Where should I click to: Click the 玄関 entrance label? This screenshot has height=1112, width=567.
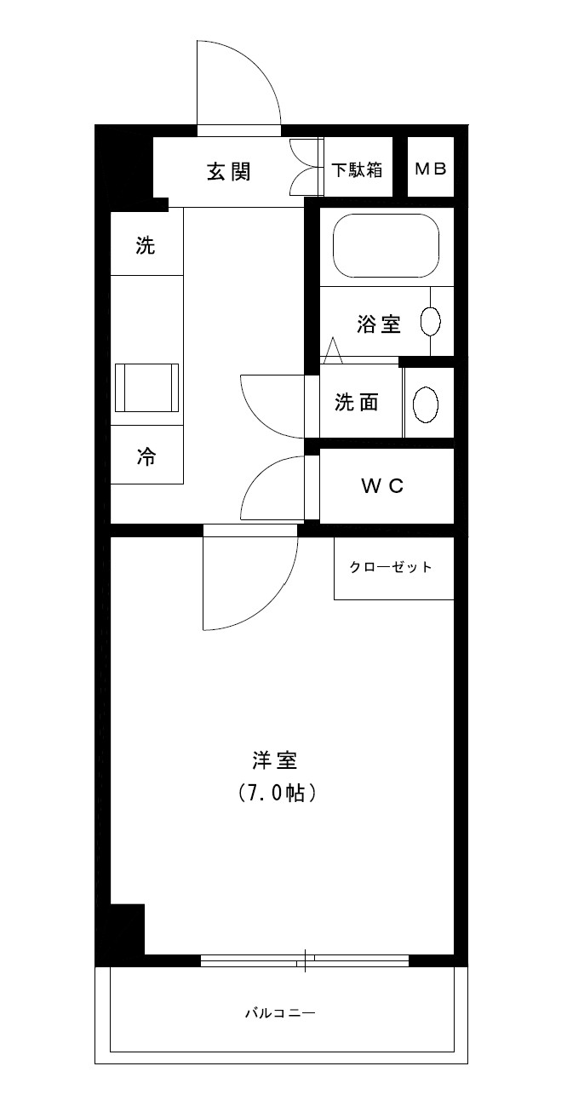coord(229,171)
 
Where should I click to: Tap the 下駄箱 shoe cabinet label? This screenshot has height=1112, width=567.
coord(357,169)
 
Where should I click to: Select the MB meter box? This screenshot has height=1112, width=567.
coord(430,169)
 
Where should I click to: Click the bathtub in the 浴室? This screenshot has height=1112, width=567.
coord(386,245)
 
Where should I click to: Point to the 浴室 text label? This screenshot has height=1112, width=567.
coord(379,324)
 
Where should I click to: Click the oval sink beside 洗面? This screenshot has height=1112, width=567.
coord(426,403)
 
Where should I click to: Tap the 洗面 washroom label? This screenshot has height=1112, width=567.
coord(356,403)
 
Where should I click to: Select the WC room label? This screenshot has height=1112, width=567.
coord(381,486)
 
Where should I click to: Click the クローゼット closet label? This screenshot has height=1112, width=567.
coord(391,567)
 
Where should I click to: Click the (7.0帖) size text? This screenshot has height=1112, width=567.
coord(278,794)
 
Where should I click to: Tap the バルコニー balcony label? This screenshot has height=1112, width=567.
coord(280,1013)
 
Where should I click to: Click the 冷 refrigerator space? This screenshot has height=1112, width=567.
coord(146,456)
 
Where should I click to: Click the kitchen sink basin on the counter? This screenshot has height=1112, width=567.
coord(146,387)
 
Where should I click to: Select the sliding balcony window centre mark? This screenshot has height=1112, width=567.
coord(305,960)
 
